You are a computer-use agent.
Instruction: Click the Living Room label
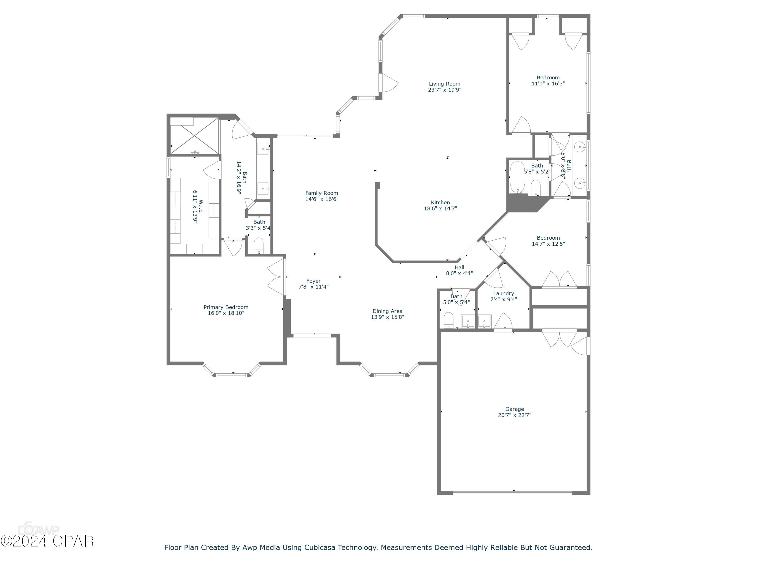click(445, 84)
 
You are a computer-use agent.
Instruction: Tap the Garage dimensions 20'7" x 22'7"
click(514, 415)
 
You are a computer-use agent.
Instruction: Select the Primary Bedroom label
click(226, 307)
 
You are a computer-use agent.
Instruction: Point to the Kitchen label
click(440, 202)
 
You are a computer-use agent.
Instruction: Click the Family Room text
click(322, 193)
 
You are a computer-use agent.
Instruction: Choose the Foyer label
click(313, 281)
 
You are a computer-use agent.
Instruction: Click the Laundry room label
click(503, 293)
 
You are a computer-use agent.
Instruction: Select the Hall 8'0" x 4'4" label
click(459, 270)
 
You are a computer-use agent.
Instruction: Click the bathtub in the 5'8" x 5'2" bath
click(517, 177)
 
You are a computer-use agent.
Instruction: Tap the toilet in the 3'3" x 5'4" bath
click(259, 245)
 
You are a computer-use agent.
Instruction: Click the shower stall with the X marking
click(194, 136)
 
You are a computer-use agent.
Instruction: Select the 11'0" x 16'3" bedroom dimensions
click(548, 83)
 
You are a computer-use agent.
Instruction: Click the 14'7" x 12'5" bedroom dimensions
click(548, 244)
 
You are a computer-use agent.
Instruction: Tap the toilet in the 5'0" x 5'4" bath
click(448, 320)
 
